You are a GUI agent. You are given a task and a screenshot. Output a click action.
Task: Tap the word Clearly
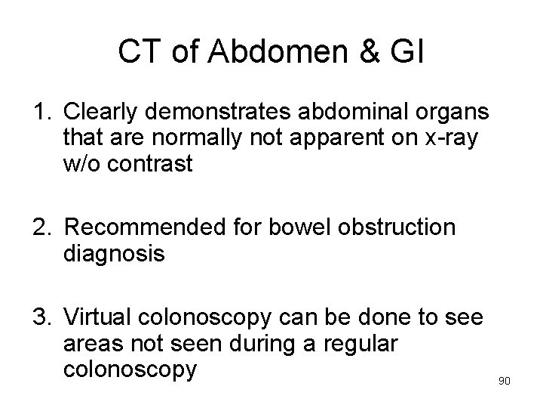click(101, 113)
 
